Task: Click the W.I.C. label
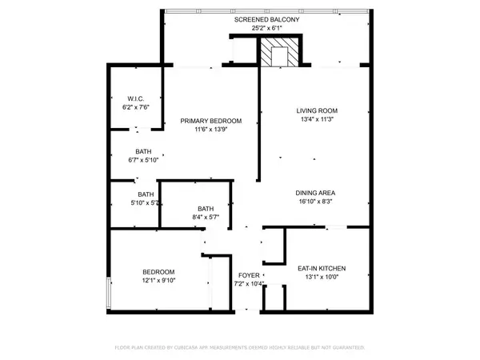[x=135, y=100]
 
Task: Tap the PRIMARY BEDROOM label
[x=210, y=121]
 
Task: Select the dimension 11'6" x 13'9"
[x=210, y=130]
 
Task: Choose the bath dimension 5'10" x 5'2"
[x=146, y=203]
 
